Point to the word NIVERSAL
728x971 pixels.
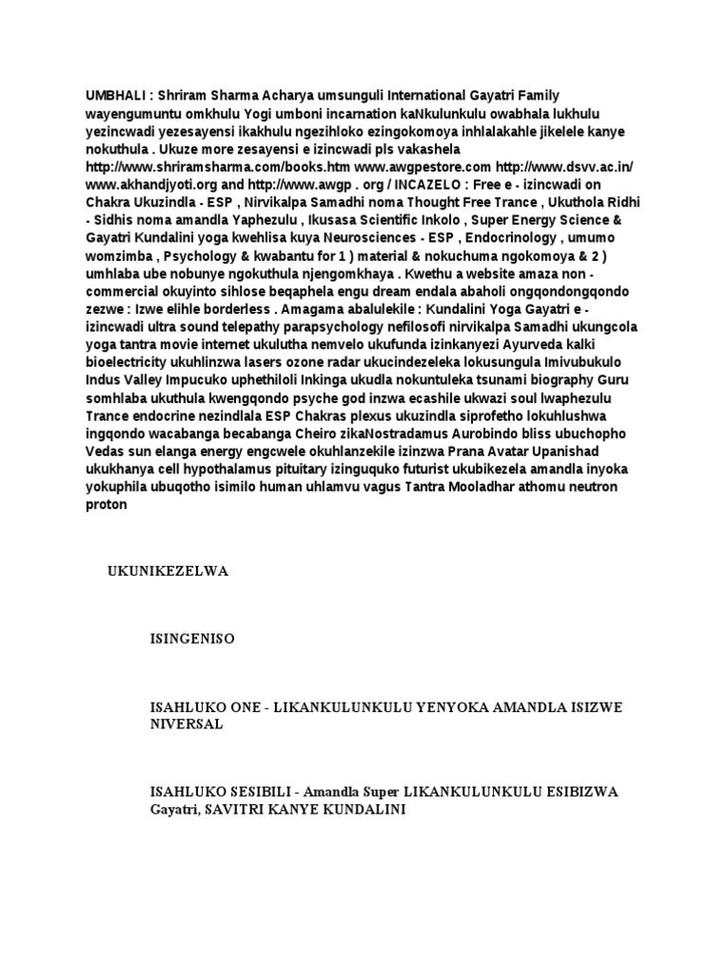tap(187, 724)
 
